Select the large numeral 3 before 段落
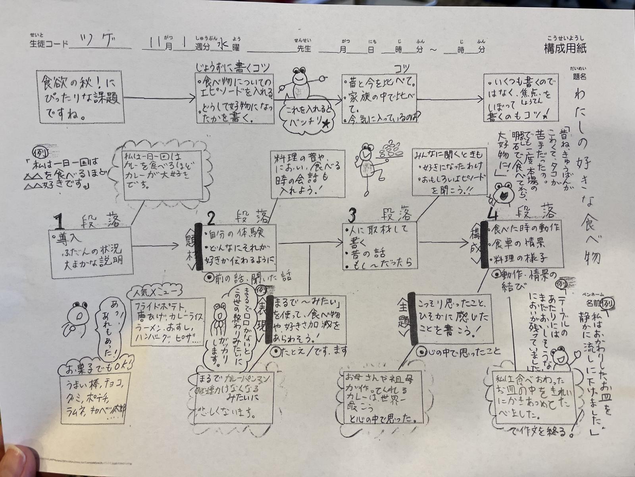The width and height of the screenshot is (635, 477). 351,215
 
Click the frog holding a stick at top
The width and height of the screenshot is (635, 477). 301,85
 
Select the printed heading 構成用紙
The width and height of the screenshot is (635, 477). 565,48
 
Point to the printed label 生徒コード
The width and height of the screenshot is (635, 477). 49,44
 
